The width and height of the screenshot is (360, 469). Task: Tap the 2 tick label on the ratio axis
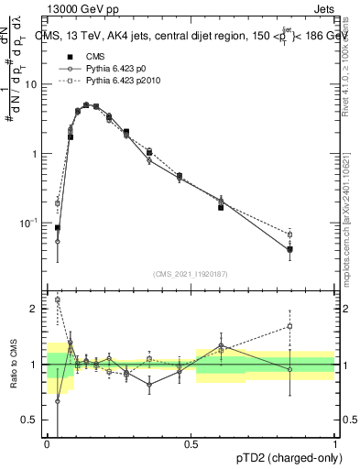pyautogui.click(x=35, y=309)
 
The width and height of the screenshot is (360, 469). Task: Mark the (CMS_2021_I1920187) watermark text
pyautogui.click(x=191, y=274)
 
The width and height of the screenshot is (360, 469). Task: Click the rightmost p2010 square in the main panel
pyautogui.click(x=290, y=234)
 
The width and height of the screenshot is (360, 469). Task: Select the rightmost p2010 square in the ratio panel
pyautogui.click(x=290, y=326)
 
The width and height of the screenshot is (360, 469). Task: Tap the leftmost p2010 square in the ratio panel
pyautogui.click(x=57, y=300)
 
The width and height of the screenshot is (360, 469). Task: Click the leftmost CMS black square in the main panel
pyautogui.click(x=57, y=227)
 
